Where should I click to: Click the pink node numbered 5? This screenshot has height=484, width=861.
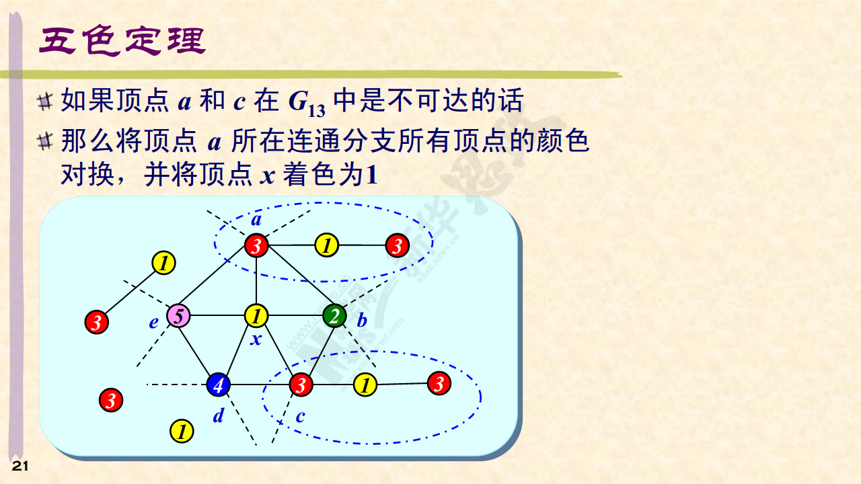point(178,316)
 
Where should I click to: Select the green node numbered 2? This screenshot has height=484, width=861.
point(334,316)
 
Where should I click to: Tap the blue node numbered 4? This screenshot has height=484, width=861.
point(219,385)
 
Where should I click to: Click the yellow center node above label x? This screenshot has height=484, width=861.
point(256,316)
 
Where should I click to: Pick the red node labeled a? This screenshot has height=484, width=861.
point(256,245)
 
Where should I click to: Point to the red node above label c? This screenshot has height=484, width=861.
point(301,385)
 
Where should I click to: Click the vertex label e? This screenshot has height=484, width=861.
point(154,323)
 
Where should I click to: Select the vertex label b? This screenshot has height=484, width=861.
point(362,320)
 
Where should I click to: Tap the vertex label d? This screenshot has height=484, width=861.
point(219,415)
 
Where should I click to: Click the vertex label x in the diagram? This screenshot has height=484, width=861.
point(256,339)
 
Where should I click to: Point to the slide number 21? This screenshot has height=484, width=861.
point(20,467)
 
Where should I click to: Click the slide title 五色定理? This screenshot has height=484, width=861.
point(122,40)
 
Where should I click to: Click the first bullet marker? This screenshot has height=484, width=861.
point(45,102)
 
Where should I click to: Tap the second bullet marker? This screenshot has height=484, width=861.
point(45,141)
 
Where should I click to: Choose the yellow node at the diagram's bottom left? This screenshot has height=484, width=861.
point(182,431)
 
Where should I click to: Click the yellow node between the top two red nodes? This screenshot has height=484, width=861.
point(327,245)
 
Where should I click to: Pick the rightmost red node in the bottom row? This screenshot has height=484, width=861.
point(439,383)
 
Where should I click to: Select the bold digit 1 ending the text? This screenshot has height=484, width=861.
point(371,175)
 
